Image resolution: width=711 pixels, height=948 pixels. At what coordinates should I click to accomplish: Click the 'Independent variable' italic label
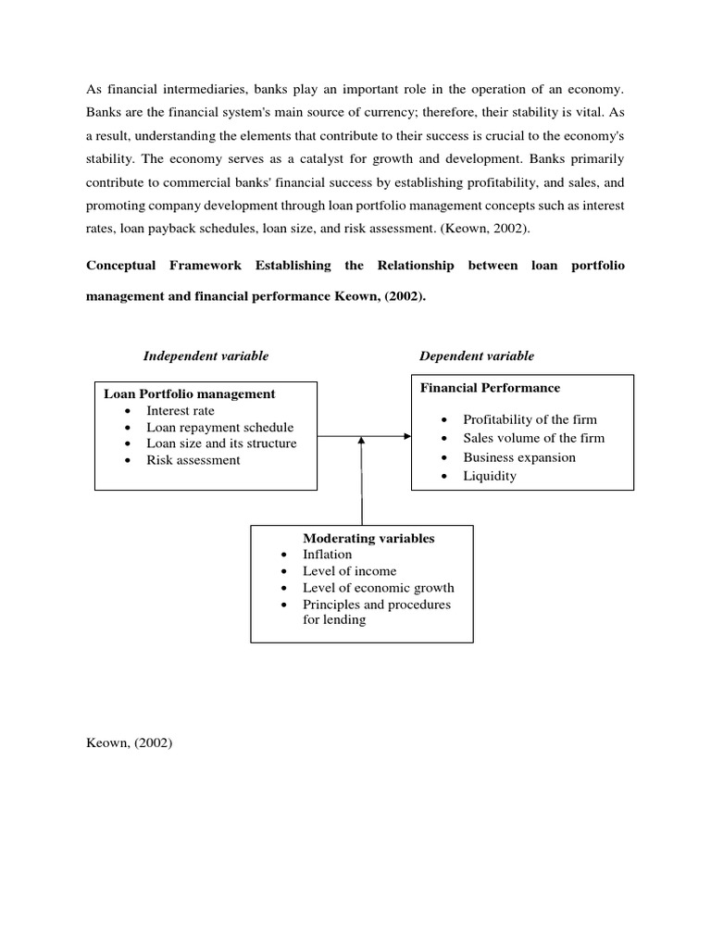pos(206,356)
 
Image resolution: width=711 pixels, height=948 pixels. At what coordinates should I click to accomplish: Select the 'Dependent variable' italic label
pos(476,356)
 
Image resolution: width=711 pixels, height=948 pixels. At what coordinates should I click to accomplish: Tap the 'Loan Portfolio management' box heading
pos(189,393)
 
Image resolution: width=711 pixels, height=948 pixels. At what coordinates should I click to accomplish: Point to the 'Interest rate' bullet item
pos(180,410)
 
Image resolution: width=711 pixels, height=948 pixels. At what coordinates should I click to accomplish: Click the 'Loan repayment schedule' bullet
pos(219,427)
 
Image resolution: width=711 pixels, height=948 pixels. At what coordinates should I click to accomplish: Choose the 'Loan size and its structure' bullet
pos(221,443)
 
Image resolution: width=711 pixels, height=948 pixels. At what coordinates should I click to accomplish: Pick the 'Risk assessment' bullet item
pos(193,460)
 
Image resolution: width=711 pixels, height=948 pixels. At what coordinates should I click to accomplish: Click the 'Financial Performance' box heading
pos(490,388)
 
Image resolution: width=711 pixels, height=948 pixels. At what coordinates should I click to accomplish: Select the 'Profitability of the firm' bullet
pos(530,419)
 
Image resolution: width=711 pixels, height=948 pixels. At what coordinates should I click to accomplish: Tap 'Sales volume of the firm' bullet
pos(533,438)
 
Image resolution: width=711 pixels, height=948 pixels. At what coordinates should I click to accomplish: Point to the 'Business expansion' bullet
pos(518,457)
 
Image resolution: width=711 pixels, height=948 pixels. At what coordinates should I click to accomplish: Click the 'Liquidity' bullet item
pos(490,476)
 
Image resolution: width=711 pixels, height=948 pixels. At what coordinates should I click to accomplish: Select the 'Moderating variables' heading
pos(368,538)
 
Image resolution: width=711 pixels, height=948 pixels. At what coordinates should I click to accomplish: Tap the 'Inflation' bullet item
pos(327,555)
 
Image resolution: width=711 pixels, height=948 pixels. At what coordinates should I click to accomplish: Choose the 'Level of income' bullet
pos(349,571)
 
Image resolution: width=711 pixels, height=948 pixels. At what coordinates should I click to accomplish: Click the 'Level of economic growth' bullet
pos(378,588)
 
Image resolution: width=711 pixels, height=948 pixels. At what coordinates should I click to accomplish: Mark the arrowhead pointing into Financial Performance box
pos(405,435)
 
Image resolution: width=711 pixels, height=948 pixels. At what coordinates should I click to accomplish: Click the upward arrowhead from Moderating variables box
pos(361,442)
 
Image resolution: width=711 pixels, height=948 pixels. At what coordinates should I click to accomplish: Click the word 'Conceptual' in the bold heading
pos(122,266)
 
